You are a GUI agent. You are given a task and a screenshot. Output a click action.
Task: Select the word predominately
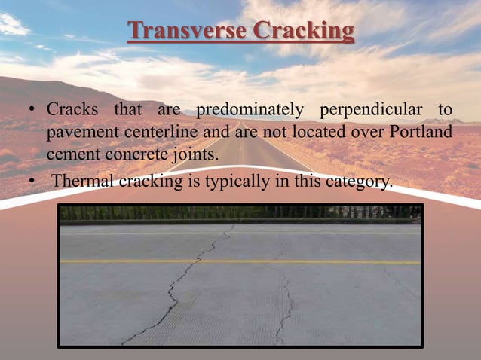point(248,111)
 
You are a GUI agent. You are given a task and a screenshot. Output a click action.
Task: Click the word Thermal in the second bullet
point(81,181)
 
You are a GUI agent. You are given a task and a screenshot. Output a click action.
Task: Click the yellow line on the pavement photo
point(302,262)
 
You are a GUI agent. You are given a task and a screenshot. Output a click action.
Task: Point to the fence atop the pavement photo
point(241,212)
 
